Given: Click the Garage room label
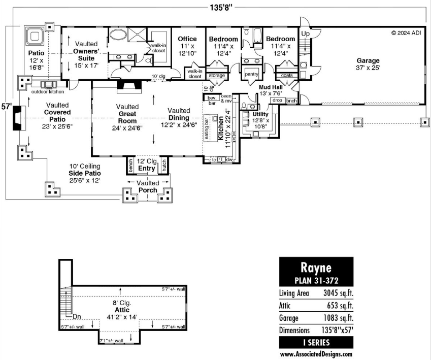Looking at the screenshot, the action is pos(368,61).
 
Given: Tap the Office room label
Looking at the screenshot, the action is pos(187,39).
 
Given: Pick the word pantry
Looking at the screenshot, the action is pos(251,74).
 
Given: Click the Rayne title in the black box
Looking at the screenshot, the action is pos(316,268).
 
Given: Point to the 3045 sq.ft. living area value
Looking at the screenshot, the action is pos(338,293).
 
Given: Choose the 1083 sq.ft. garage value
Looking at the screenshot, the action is pos(338,318).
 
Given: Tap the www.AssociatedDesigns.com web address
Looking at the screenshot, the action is pos(316,354).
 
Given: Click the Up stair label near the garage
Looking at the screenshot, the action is pos(306,34).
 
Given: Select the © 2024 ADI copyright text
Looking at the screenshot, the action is pos(406,32).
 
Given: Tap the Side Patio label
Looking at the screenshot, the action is pos(88,173).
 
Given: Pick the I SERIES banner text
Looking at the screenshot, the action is pos(316,343).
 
